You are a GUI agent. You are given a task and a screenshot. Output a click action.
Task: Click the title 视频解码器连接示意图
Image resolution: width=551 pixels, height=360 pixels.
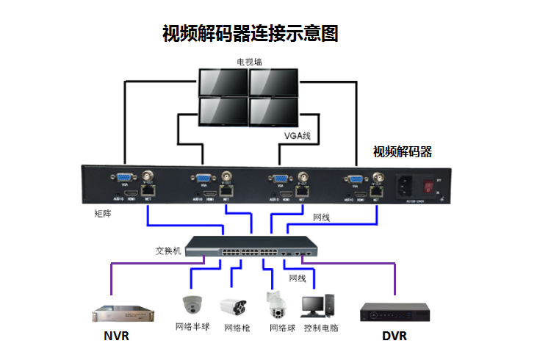(250, 34)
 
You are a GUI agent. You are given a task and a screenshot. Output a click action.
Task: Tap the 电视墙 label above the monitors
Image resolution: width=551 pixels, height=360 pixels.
(248, 62)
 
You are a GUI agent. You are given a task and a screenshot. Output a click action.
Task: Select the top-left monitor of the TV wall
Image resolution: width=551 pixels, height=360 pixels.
(223, 82)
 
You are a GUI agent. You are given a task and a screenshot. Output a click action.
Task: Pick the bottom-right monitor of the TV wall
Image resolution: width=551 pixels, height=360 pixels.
(273, 112)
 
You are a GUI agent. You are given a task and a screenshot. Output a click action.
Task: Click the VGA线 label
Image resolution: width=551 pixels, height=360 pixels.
(298, 135)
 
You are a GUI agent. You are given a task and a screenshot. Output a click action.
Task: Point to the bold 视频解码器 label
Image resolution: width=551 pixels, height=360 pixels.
(402, 152)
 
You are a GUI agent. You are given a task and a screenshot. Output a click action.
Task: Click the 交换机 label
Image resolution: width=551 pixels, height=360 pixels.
(168, 250)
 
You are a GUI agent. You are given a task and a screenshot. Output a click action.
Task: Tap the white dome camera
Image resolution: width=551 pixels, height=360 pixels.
(193, 304)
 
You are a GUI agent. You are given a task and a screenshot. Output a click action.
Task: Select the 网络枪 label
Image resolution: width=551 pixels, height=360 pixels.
(237, 328)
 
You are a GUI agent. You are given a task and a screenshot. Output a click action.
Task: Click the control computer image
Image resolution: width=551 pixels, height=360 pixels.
(319, 305)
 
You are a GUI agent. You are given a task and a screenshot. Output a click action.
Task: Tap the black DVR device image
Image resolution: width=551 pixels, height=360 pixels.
(393, 312)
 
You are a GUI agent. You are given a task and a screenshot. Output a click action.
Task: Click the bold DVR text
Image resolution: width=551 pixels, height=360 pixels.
(395, 336)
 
